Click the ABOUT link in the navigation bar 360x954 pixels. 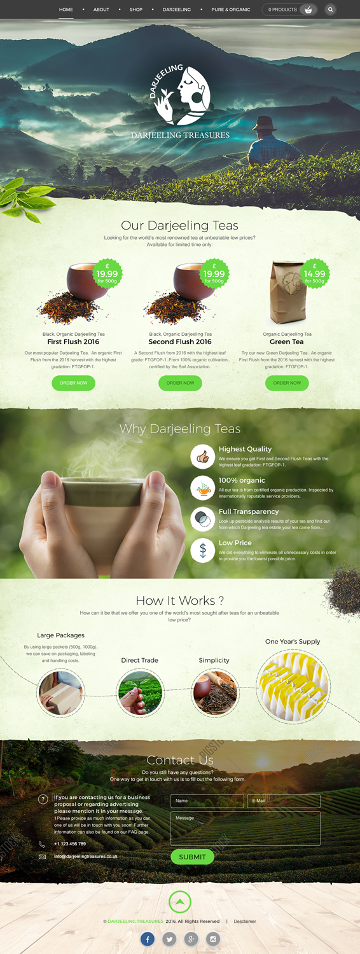[101, 10]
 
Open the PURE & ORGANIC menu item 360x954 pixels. [230, 10]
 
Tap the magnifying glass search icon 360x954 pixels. [330, 10]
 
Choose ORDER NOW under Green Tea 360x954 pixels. [287, 383]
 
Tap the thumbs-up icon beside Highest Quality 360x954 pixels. [202, 457]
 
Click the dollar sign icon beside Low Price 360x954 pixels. [202, 550]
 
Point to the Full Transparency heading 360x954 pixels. [249, 511]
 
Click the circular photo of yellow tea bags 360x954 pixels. [293, 686]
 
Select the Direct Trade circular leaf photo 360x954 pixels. [140, 693]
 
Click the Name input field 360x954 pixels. [207, 801]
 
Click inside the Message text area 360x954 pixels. [245, 828]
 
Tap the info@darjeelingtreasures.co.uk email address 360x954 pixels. [86, 856]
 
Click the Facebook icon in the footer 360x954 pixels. [147, 939]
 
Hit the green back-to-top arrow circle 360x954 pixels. [180, 901]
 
